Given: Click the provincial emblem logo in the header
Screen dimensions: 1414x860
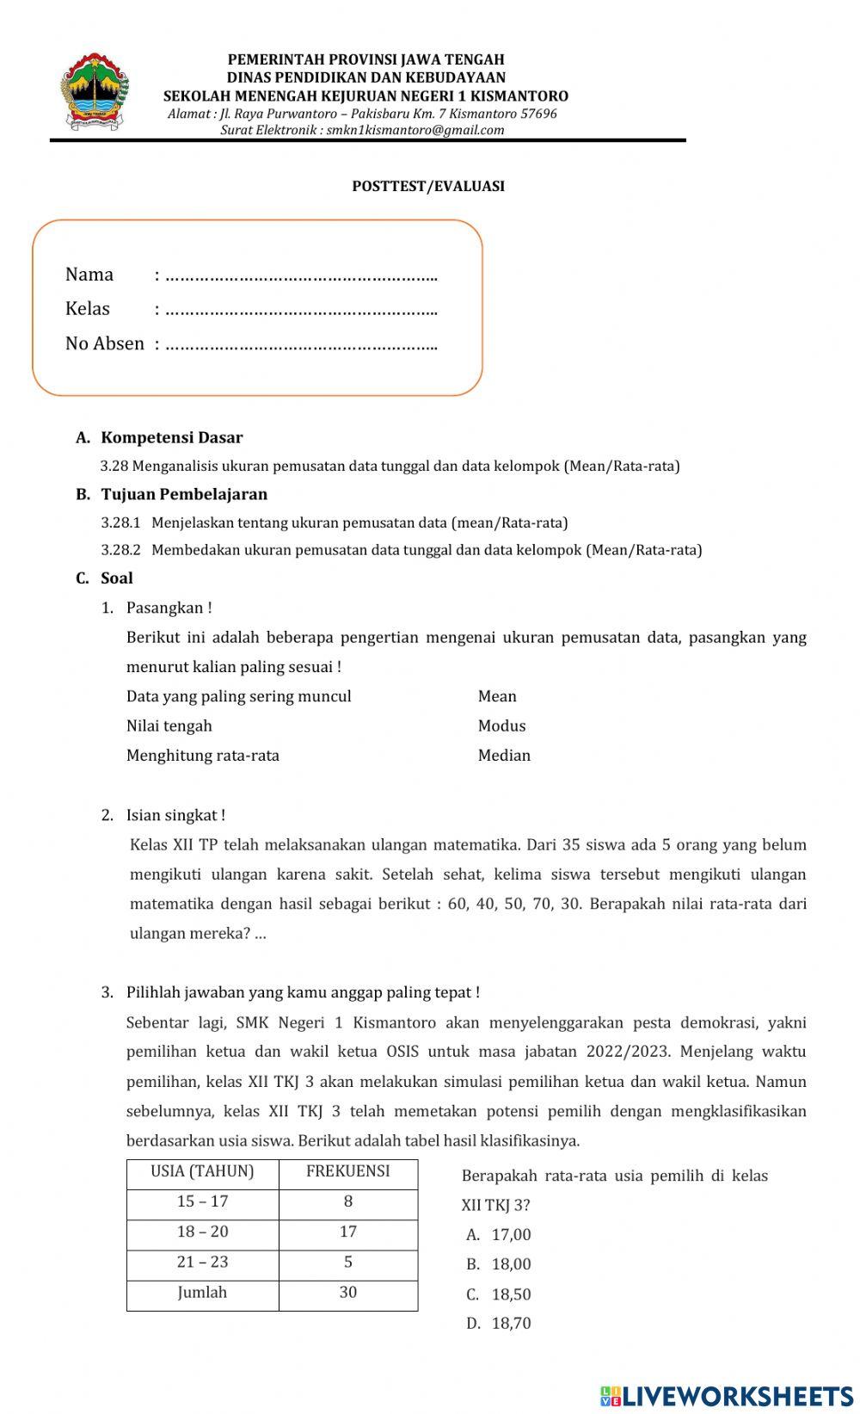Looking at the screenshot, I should pos(94,93).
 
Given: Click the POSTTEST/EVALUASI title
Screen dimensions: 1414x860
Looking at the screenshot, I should pos(428,187).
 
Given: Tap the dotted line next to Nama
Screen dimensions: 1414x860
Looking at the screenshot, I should pos(301,277).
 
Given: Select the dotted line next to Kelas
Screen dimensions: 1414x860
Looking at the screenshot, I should pos(301,311).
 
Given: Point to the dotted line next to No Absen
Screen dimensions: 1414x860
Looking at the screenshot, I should pos(301,346).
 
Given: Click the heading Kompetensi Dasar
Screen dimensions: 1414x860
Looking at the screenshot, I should pos(171,437).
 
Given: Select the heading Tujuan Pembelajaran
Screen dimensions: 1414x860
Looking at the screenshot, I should pos(184,494).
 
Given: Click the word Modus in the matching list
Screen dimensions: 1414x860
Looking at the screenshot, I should pos(501,726).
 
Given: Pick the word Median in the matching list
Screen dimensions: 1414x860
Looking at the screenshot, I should pos(504,755).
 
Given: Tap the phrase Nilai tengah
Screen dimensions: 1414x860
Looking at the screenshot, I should pos(169,726).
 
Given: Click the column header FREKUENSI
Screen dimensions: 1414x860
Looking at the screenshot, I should pos(348,1171).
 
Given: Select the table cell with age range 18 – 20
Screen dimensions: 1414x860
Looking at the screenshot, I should pos(203,1232).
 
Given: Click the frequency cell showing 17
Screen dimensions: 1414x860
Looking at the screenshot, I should pos(348,1232).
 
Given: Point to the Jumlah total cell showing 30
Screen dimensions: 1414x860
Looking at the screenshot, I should pos(348,1292).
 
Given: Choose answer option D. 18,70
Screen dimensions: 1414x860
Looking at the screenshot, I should pos(500,1324).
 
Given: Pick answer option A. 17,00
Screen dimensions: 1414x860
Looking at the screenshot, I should pos(500,1235).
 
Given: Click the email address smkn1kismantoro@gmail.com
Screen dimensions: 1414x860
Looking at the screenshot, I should pos(415,130).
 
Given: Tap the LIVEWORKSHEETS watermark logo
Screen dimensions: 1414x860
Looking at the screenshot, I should pos(727,1395).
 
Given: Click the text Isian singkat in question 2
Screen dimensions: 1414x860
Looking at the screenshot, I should pos(175,815).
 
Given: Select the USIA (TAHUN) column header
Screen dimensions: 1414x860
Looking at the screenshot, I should pos(203,1171).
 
